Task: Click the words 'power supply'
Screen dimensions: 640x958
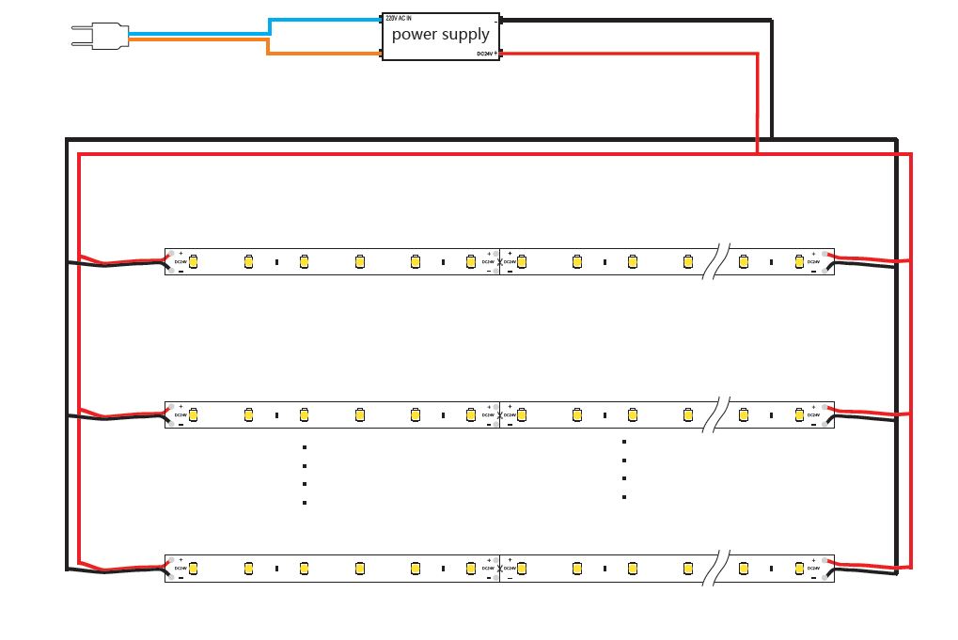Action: [x=440, y=35]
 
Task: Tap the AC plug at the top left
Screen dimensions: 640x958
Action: [x=99, y=37]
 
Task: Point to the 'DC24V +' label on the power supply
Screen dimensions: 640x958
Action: [x=486, y=55]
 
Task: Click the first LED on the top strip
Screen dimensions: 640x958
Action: [x=194, y=261]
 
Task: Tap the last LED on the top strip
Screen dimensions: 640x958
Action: [x=798, y=261]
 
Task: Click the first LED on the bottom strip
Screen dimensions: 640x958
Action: [x=194, y=569]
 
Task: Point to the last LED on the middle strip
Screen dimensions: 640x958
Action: [x=798, y=414]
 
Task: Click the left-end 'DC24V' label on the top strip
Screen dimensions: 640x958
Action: [x=180, y=261]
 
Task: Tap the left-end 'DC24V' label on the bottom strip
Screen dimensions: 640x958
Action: [x=180, y=569]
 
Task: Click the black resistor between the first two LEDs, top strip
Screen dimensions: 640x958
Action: [x=276, y=261]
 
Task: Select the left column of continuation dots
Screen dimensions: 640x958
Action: [x=305, y=475]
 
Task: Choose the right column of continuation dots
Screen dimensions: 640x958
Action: [x=623, y=469]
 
